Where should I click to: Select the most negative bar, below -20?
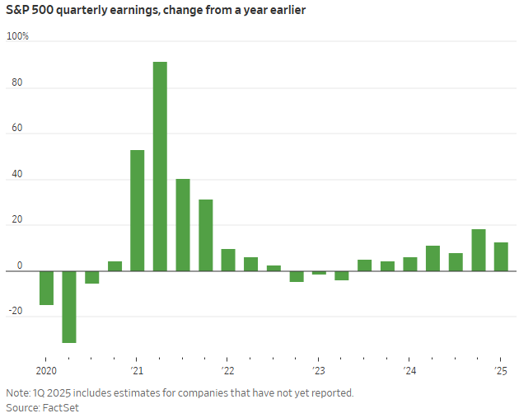click(69, 307)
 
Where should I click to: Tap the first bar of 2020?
click(47, 288)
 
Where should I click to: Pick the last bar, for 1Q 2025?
click(501, 256)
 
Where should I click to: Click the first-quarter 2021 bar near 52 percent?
click(138, 210)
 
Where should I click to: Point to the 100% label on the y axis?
click(17, 37)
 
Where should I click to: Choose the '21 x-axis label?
click(136, 370)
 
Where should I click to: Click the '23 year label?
click(318, 370)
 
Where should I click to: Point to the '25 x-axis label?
click(499, 370)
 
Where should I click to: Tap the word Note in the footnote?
click(16, 392)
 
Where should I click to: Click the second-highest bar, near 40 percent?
click(183, 225)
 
